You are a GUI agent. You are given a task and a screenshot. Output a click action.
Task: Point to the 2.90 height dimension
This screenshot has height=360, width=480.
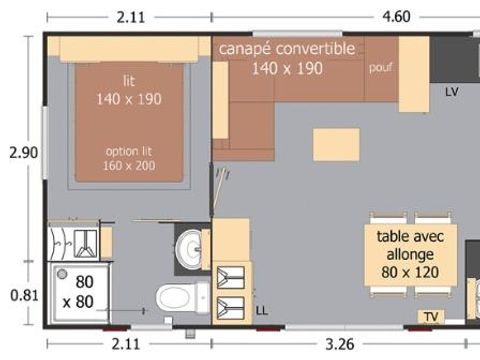tap(22, 153)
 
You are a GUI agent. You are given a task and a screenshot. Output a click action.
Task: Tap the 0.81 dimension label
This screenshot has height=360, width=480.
tap(22, 295)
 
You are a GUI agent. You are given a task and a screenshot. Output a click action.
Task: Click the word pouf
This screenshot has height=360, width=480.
tap(379, 69)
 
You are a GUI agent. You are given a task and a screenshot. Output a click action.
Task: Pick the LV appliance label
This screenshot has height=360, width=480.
tap(452, 91)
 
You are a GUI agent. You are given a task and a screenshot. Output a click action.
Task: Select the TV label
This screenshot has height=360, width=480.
tap(431, 317)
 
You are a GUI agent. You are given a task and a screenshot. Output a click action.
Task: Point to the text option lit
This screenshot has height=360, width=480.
tap(129, 151)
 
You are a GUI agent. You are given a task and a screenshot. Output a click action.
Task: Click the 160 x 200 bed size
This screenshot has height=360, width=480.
tap(129, 166)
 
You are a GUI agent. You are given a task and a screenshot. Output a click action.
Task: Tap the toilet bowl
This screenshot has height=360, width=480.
tap(177, 297)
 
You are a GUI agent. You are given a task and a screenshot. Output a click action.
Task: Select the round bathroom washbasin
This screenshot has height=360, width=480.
tap(187, 245)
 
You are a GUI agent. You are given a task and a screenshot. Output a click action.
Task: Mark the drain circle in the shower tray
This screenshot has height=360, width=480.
tap(62, 273)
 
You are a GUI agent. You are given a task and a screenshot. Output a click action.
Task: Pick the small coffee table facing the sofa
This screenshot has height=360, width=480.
tap(336, 145)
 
